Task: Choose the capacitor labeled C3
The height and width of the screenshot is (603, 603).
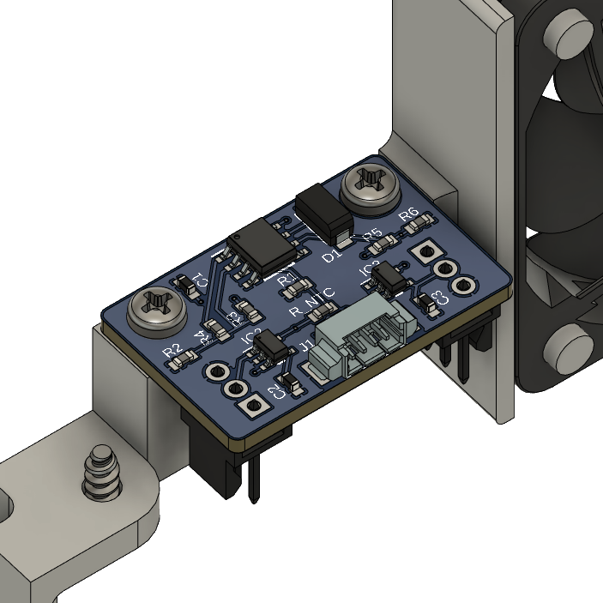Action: point(425,301)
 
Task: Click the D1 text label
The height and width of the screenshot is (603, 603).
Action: point(330,256)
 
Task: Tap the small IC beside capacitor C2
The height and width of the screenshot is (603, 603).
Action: point(270,345)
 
